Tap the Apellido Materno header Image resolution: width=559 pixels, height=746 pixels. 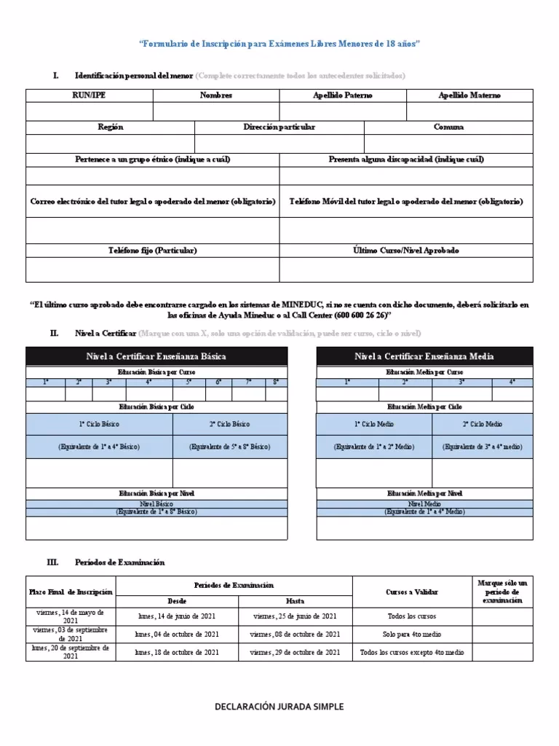pos(469,95)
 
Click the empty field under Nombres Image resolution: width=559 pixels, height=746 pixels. pos(216,111)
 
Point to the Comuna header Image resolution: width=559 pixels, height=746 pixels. pos(448,127)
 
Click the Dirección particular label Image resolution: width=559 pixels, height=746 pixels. pos(279,127)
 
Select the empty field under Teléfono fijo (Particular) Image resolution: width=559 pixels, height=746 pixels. pos(153,269)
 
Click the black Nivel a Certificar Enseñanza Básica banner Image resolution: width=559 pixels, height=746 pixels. pos(156,356)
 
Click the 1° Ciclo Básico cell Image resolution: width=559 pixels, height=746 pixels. pos(99,424)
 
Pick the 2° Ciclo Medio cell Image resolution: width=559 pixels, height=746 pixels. pos(483,424)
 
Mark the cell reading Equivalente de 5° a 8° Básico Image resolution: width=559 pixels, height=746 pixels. pos(229,447)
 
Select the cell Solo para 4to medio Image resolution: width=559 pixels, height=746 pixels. pos(411,635)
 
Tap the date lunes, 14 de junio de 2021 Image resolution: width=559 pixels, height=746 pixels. pos(177,616)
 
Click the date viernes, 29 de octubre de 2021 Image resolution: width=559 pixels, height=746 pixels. pos(295,653)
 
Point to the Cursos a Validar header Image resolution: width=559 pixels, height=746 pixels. pos(411,592)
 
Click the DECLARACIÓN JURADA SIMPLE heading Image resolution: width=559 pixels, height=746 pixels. pos(279,707)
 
